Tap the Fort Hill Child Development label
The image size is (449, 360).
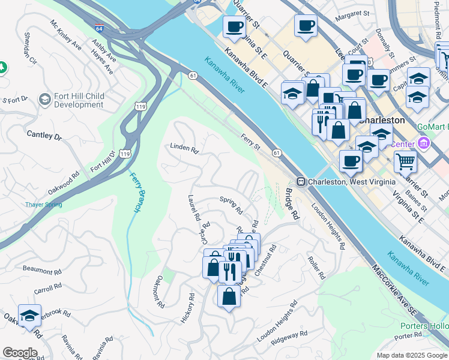click(x=79, y=100)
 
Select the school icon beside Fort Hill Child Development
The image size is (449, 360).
click(x=44, y=99)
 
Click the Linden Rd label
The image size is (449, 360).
click(x=184, y=147)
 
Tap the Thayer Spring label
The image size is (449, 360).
click(x=43, y=205)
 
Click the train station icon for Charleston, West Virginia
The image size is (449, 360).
click(x=302, y=181)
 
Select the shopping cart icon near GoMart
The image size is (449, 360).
click(x=405, y=160)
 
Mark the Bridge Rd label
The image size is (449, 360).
click(x=292, y=204)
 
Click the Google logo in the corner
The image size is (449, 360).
click(x=19, y=353)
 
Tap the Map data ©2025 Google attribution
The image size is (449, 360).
click(x=411, y=355)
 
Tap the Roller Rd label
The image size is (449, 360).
click(x=316, y=268)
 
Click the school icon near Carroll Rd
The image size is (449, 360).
click(x=29, y=316)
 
